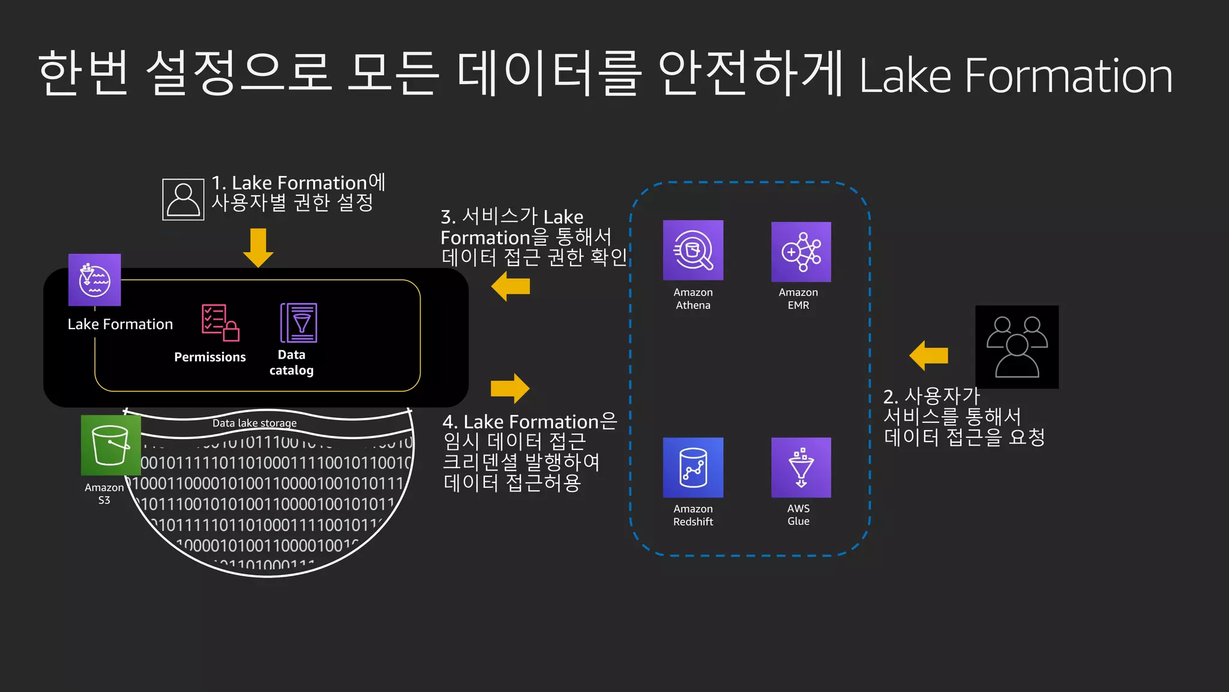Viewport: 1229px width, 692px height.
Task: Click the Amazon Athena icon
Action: click(x=693, y=250)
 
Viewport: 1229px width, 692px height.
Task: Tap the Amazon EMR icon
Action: click(x=801, y=252)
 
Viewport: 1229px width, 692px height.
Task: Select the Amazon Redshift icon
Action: click(x=693, y=467)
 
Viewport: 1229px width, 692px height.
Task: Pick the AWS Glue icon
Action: click(x=801, y=467)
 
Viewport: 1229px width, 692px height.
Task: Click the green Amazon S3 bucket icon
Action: click(x=111, y=445)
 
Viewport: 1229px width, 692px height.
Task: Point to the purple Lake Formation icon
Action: click(x=94, y=280)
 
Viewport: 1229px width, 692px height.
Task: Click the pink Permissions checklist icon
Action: click(x=220, y=323)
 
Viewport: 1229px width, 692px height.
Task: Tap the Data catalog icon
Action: click(x=298, y=323)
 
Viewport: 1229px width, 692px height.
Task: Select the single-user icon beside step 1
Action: click(x=183, y=199)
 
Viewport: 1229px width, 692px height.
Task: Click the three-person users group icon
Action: click(x=1017, y=347)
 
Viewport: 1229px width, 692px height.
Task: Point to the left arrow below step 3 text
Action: click(x=511, y=286)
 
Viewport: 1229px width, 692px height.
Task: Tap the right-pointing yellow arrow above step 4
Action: click(x=510, y=389)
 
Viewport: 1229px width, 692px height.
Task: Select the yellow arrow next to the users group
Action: click(x=928, y=356)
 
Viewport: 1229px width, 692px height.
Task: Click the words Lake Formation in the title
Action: click(x=1015, y=76)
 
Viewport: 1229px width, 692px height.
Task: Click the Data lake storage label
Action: click(x=254, y=423)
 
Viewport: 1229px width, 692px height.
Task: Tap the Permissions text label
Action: click(x=210, y=357)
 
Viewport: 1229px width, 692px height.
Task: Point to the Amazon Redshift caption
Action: click(x=693, y=515)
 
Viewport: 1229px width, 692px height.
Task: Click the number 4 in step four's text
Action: click(x=449, y=422)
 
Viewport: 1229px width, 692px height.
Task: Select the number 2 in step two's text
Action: click(x=889, y=397)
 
